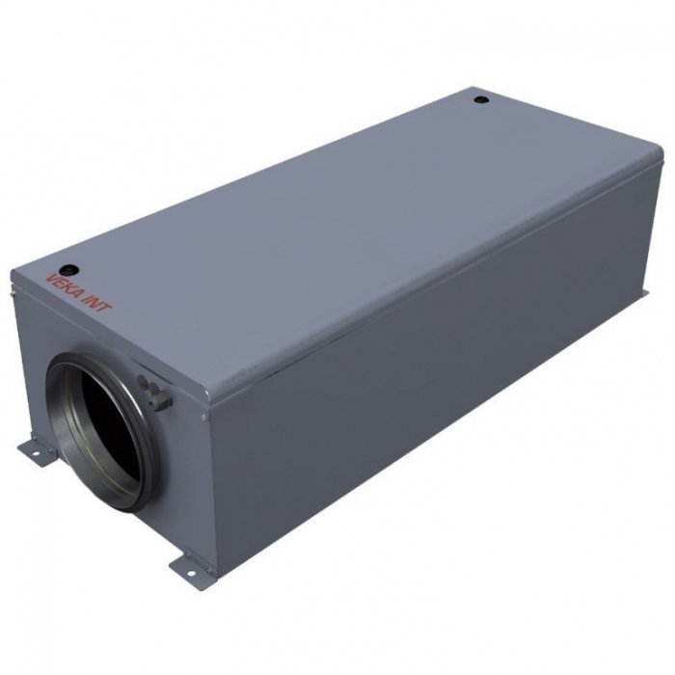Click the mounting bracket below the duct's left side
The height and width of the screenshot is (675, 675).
(36, 449)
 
